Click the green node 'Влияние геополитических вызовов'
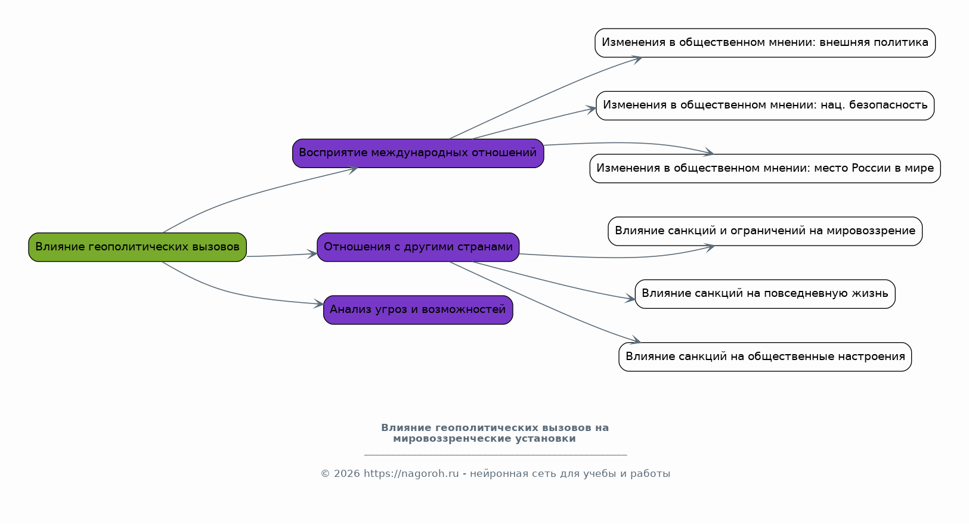137,247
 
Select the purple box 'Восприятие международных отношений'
417,153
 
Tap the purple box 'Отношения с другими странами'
417,247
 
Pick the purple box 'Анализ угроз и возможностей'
417,310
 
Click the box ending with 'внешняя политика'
764,43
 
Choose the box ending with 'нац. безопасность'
764,106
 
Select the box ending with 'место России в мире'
764,169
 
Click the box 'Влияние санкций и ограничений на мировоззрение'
764,231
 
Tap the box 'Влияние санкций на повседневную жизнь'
764,294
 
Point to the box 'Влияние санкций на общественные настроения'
764,357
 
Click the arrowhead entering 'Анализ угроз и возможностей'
320,304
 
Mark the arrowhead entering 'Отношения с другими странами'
313,254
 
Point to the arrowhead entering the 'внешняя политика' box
637,58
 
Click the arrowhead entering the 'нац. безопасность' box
592,108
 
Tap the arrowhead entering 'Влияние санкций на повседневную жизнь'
631,299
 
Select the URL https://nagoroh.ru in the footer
411,474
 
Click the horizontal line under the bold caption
495,455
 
